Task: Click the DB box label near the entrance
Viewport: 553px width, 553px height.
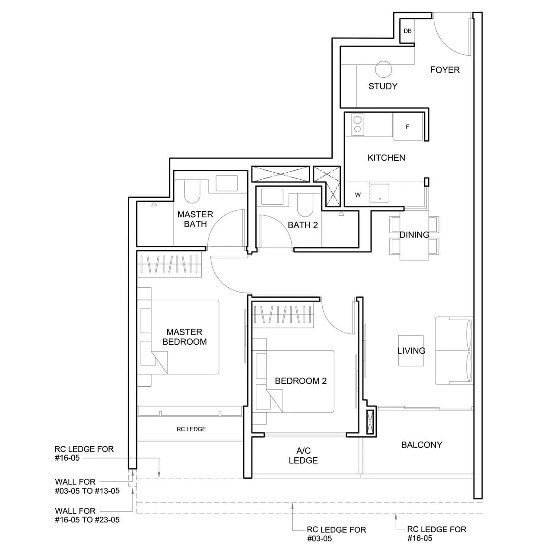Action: (407, 31)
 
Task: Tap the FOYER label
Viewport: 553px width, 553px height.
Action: (445, 70)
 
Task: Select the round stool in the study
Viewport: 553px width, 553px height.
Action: (383, 69)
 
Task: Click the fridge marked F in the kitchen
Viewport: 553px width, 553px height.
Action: (408, 127)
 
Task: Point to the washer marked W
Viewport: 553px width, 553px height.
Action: (357, 194)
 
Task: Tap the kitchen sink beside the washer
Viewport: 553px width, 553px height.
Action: (380, 193)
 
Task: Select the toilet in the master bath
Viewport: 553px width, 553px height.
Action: (192, 191)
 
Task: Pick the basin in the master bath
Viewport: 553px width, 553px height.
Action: (227, 183)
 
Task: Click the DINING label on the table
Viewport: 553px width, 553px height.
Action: (414, 235)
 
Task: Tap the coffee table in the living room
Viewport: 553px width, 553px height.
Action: (411, 351)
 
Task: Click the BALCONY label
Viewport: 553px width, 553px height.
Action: (421, 445)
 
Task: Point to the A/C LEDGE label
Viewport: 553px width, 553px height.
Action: (303, 456)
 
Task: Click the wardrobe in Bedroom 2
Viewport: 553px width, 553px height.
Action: (283, 315)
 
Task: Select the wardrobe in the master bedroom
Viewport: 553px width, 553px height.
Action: (170, 264)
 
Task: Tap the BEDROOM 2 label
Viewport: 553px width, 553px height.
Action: (301, 381)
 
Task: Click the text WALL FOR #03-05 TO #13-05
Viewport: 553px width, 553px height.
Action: (87, 486)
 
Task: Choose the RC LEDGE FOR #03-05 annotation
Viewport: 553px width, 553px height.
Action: (336, 534)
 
